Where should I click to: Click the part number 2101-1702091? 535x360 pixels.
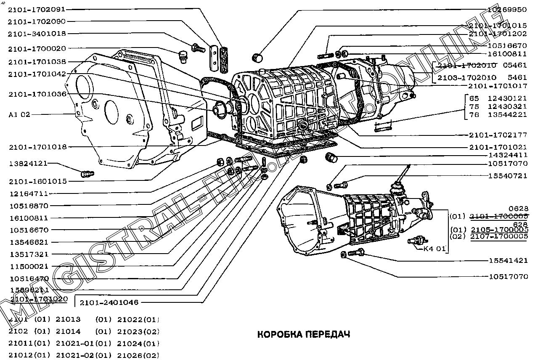point(36,9)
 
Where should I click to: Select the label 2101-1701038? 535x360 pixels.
point(37,62)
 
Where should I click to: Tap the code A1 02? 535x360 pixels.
point(19,114)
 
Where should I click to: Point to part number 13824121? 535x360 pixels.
point(28,163)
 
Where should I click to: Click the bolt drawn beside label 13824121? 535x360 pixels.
point(87,173)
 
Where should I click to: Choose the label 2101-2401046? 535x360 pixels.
point(109,302)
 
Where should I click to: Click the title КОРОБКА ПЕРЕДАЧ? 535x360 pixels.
point(303,335)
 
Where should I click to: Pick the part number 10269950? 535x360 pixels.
point(507,9)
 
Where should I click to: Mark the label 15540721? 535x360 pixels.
point(508,176)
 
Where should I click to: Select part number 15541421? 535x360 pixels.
point(508,260)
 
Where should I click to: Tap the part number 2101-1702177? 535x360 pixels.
point(498,135)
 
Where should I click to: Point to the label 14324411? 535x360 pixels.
point(507,155)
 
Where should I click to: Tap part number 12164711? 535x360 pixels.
point(28,194)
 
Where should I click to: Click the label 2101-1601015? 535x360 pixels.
point(37,181)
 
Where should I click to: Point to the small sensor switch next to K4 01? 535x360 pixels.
point(414,242)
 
